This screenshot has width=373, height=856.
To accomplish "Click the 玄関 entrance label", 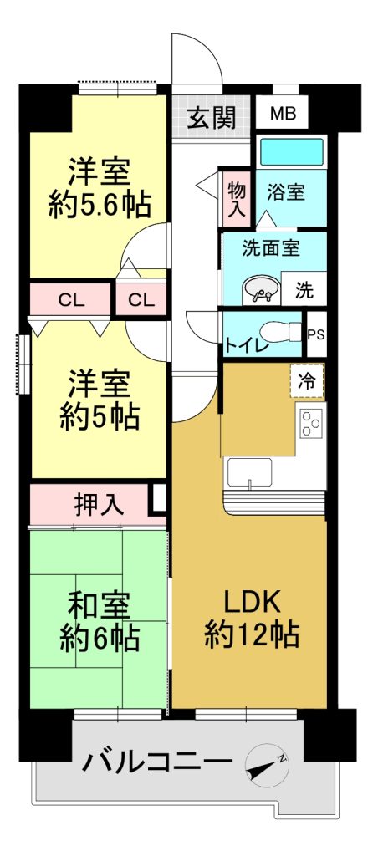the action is (x=212, y=116).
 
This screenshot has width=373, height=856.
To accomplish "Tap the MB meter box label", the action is (x=284, y=114).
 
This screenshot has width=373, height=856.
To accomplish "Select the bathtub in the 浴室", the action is (x=290, y=151).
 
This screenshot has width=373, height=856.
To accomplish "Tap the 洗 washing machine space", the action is (x=304, y=289).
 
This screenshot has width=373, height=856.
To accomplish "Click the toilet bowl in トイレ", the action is (x=281, y=331).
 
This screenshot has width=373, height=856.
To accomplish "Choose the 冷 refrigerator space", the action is (x=307, y=381).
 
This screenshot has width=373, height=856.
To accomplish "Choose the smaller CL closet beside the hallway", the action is (x=141, y=300).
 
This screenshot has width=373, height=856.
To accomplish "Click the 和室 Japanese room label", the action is (x=100, y=605).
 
